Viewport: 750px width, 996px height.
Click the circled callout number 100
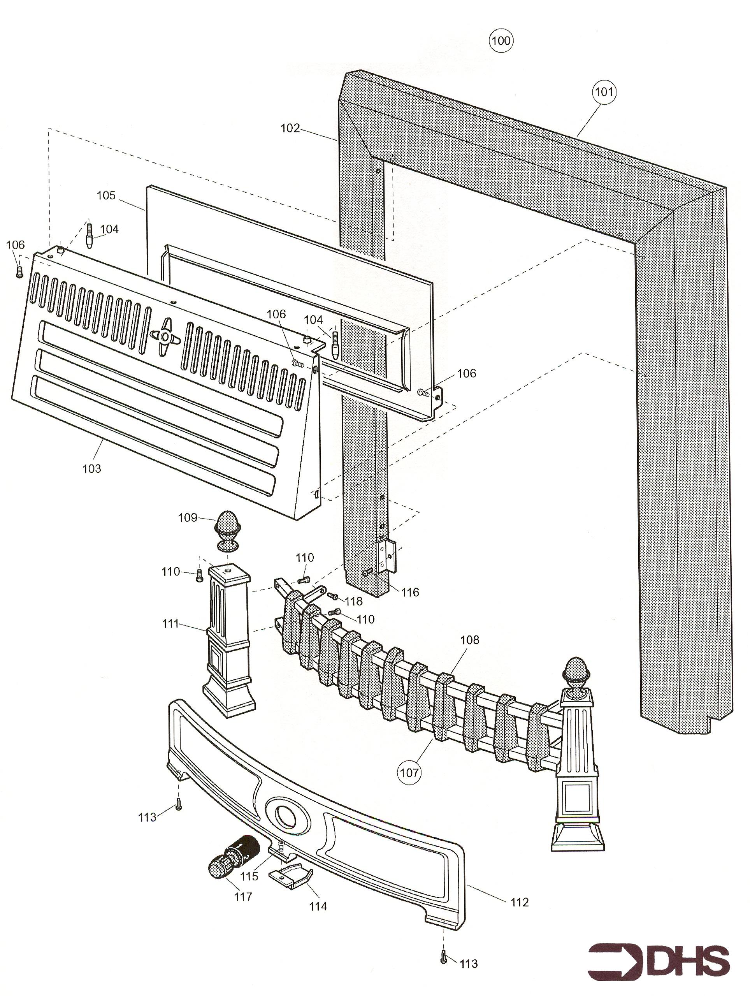coord(501,41)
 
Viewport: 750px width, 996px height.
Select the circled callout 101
coord(604,92)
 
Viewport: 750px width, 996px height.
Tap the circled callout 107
coord(409,773)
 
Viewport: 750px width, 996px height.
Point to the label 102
coord(290,128)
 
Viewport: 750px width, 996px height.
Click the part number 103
coord(91,469)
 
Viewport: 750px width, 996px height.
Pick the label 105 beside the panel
coord(106,195)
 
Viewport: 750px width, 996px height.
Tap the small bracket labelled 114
coord(290,875)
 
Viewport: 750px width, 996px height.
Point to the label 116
coord(410,593)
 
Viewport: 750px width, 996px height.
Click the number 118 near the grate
coord(353,602)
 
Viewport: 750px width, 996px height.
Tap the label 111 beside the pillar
coord(170,624)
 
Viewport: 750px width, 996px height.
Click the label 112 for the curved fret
coord(519,902)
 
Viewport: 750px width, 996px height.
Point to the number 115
coord(249,876)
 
